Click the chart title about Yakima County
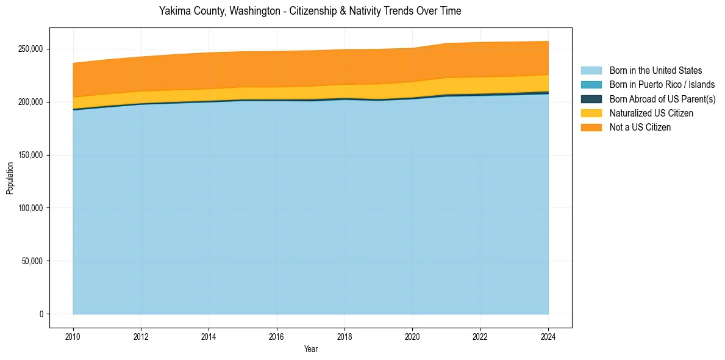310,11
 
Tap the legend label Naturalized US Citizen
651,113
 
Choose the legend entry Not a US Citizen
640,127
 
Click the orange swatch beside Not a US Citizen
591,127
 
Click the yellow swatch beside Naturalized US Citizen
591,113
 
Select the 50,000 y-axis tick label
32,261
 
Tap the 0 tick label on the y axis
41,314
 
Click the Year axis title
310,350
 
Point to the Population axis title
10,178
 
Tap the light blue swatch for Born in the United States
591,71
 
